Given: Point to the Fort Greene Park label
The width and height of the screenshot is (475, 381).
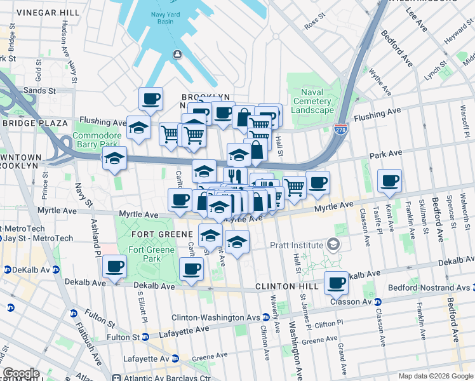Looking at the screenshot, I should (144, 254).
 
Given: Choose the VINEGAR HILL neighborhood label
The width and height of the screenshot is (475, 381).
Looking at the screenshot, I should (48, 13).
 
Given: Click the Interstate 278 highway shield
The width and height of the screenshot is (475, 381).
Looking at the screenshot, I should (342, 129).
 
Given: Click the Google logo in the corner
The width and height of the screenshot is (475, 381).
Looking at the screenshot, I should (21, 373).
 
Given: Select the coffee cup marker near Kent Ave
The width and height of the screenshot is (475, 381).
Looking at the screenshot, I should (389, 180).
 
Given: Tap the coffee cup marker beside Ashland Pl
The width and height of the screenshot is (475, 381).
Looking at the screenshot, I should (114, 267).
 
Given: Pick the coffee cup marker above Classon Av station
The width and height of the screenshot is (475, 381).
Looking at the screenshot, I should (336, 283).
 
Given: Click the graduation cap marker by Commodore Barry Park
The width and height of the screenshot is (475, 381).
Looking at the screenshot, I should (114, 158).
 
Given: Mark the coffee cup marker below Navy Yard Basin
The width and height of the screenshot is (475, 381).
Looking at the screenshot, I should (151, 98).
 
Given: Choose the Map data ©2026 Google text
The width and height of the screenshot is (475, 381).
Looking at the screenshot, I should (435, 376).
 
